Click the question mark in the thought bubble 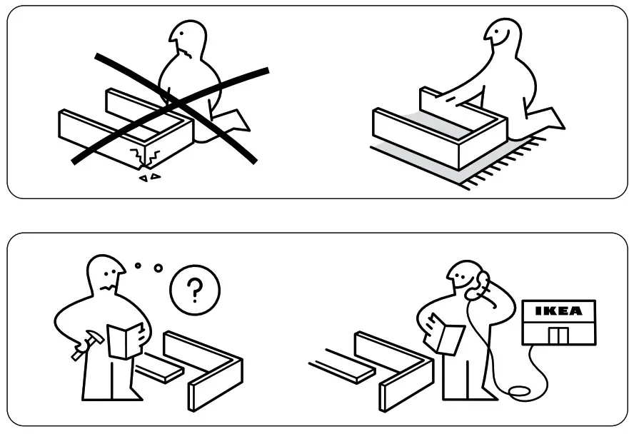[194, 291]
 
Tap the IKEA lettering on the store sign [558, 311]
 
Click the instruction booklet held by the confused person [126, 340]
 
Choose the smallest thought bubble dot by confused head [138, 266]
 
